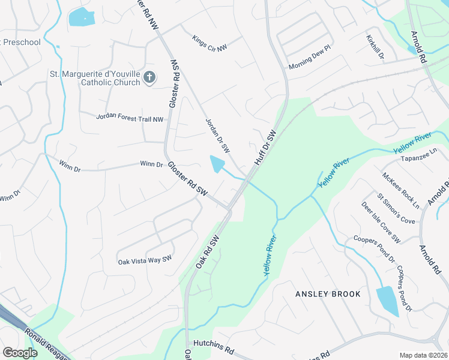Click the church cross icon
(x=149, y=77)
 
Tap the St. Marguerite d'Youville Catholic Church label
(x=95, y=79)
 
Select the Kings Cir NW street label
(x=209, y=43)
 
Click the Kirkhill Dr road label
(x=375, y=46)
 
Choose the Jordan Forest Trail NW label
(x=130, y=118)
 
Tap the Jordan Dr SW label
(x=218, y=134)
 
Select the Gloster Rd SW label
(x=187, y=178)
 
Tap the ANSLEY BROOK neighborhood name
(x=328, y=294)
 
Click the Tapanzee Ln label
(x=417, y=158)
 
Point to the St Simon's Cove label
(x=396, y=208)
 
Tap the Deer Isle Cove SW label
(x=381, y=223)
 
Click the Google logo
(x=20, y=352)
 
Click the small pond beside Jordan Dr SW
(x=217, y=163)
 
